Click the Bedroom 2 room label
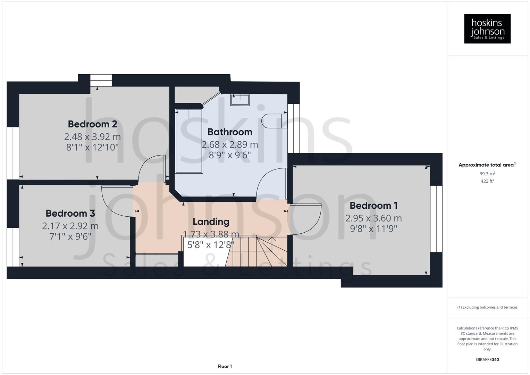tap(92, 124)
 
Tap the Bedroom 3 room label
tap(70, 213)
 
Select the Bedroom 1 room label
tap(373, 206)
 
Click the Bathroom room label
tap(230, 132)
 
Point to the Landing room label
tap(211, 222)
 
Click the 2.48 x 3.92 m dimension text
tap(92, 136)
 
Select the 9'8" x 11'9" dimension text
tap(373, 229)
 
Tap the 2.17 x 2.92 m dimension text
tap(70, 226)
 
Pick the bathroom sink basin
tap(240, 100)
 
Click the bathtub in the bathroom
tap(189, 141)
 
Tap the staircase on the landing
tap(264, 251)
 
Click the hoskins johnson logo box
tap(487, 28)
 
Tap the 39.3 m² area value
tap(487, 174)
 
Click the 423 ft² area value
tap(487, 181)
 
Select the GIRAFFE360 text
tap(487, 359)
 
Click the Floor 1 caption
tap(225, 366)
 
